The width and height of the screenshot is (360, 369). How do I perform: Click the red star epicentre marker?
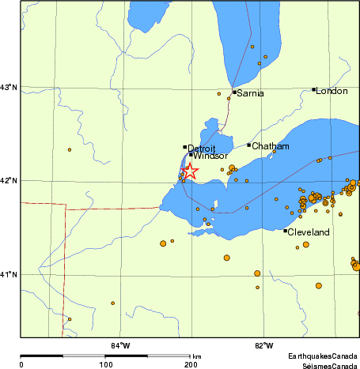tap(190, 171)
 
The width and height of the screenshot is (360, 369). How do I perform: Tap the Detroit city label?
tap(202, 148)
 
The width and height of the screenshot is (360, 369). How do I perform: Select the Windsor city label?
tap(210, 156)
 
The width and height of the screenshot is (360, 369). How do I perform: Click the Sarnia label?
tap(250, 93)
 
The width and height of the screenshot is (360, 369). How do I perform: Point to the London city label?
tap(332, 92)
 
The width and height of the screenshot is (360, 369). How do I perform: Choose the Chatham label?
tap(271, 146)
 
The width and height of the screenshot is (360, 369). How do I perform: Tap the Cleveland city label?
tap(309, 233)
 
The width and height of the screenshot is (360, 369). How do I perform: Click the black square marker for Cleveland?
tap(286, 231)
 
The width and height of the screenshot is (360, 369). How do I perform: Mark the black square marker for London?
tap(314, 90)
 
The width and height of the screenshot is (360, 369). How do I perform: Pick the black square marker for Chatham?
tap(249, 145)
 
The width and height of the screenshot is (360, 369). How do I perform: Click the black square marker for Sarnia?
tap(235, 92)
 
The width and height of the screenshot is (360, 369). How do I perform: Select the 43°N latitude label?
tap(9, 87)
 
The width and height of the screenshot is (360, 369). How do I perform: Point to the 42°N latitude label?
tap(9, 181)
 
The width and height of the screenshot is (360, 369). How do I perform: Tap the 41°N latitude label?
tap(9, 274)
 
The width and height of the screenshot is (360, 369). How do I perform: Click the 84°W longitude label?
tap(120, 345)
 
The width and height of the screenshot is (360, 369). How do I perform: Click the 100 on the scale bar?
tap(105, 364)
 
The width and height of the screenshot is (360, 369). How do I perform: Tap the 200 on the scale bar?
tap(191, 364)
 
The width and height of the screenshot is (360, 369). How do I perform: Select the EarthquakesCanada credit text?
tap(323, 357)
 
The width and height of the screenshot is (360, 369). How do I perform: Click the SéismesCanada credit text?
tap(329, 365)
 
